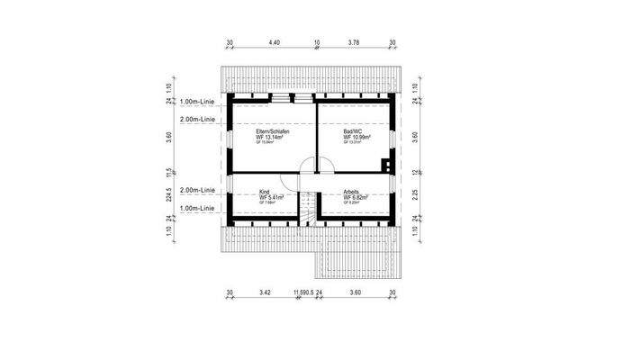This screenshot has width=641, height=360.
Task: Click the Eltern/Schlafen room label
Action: pos(272,131)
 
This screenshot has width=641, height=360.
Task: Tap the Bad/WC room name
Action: pos(353,131)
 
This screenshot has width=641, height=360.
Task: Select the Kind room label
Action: pos(265,192)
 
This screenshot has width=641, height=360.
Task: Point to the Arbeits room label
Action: pos(352,192)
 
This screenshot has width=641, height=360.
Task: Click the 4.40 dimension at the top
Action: pos(274,42)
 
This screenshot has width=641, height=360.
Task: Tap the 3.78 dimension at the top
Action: pos(354,42)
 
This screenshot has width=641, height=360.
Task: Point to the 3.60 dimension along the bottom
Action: pos(355,293)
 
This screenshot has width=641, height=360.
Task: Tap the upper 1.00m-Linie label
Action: pos(197,103)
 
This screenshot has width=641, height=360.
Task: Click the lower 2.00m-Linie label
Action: pos(197,191)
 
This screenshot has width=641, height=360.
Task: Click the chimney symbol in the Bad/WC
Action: pos(385,165)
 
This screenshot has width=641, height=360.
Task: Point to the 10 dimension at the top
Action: pos(317,42)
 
